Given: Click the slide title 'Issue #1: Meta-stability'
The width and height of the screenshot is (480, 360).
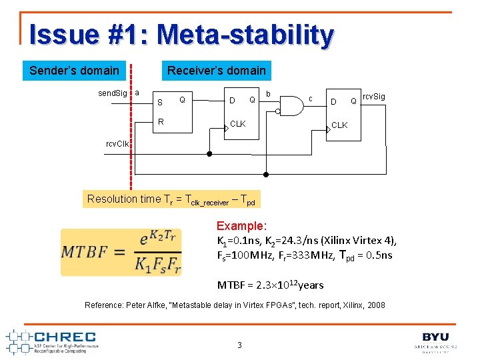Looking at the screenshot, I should point(181,35).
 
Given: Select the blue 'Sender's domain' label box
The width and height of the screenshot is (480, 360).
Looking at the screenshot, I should point(74,71).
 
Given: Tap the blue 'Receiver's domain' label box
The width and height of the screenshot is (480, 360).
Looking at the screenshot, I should point(216,71).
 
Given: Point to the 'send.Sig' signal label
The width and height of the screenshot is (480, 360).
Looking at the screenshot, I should point(113,93).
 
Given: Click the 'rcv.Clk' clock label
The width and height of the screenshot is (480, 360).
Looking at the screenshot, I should point(119,143).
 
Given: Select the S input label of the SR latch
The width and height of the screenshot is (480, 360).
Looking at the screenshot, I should point(159,103).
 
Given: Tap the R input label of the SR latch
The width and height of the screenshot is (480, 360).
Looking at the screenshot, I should point(161,122).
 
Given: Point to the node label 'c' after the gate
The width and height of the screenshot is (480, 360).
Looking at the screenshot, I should point(311,99).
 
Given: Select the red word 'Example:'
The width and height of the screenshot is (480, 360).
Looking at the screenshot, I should point(241,226).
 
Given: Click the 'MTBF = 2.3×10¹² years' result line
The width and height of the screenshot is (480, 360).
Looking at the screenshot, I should point(270,285).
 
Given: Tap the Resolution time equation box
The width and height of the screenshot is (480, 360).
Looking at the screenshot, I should point(171,199).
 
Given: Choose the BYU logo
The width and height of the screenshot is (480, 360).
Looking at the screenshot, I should point(435,341).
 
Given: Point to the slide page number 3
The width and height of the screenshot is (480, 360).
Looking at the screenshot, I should point(239,345).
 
